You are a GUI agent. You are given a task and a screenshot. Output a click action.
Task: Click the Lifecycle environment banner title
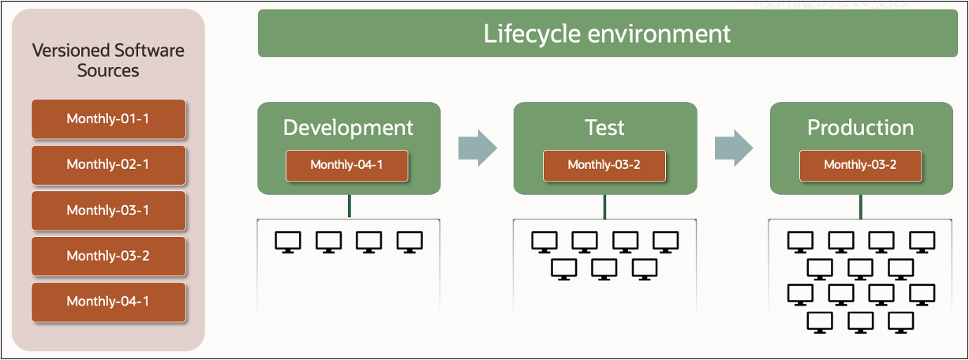point(607,34)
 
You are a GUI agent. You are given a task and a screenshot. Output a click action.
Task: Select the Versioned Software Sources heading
point(108,61)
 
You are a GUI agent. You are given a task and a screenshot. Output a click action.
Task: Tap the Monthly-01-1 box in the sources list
point(108,119)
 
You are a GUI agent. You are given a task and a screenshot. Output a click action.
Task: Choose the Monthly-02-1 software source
point(108,165)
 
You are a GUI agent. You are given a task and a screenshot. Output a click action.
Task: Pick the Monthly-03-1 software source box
point(108,210)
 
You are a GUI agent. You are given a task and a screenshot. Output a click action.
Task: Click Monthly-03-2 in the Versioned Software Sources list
point(108,256)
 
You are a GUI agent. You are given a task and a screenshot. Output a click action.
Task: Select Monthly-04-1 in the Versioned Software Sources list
point(108,302)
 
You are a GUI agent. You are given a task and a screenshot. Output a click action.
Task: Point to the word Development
point(348,128)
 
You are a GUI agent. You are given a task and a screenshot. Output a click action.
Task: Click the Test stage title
point(605,128)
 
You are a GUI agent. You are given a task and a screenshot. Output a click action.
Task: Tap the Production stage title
point(861,128)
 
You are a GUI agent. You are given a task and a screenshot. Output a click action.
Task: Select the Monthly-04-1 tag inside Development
point(347,165)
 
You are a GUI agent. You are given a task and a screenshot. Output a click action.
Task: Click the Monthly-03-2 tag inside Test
point(604,165)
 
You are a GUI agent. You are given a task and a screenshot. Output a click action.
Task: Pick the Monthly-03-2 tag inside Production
point(861,165)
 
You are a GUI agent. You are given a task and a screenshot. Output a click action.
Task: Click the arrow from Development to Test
point(477,148)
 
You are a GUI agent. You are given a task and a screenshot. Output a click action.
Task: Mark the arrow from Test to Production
point(733,148)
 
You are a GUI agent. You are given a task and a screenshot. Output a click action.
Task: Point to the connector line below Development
point(349,206)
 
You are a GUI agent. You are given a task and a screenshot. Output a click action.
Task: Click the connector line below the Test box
point(605,206)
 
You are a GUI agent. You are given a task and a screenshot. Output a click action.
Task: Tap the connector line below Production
point(862,206)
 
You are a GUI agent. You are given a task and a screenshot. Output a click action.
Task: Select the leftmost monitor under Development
point(287,242)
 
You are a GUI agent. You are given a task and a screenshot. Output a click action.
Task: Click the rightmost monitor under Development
point(410,242)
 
